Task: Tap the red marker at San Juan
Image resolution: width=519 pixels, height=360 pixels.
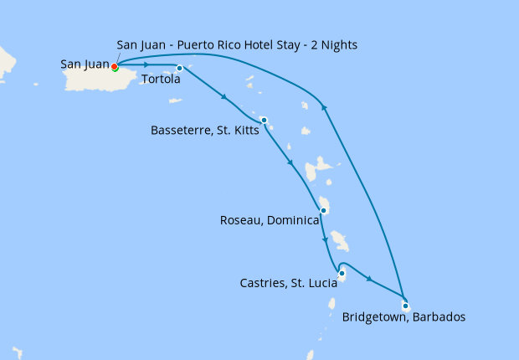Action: coord(114,67)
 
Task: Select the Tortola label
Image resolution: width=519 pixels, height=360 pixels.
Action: coord(162,80)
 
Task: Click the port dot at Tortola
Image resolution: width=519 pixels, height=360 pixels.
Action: coord(179,68)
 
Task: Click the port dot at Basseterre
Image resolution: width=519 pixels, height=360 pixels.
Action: coord(264,120)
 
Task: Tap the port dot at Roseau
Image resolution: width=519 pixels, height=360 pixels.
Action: coord(323,210)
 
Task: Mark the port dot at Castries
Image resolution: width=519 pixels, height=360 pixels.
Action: coord(342,273)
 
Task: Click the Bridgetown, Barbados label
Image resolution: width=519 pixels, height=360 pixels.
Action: coord(403,317)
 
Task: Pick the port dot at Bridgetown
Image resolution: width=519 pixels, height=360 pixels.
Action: coord(405,305)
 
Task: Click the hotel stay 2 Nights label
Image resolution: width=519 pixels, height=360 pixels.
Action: coord(239,45)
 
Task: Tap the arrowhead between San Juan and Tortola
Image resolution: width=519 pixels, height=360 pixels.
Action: coord(146,65)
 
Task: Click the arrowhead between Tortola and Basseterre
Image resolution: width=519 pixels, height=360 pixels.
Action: coord(224,98)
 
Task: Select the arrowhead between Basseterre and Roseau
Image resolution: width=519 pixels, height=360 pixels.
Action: coord(290,163)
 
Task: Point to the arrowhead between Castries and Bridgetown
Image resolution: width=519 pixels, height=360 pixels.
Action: coord(368,278)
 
